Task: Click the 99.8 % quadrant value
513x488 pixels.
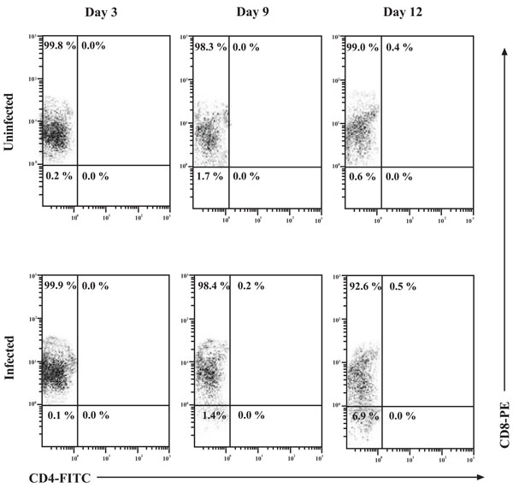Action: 59,46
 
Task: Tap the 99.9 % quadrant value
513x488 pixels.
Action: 59,285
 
